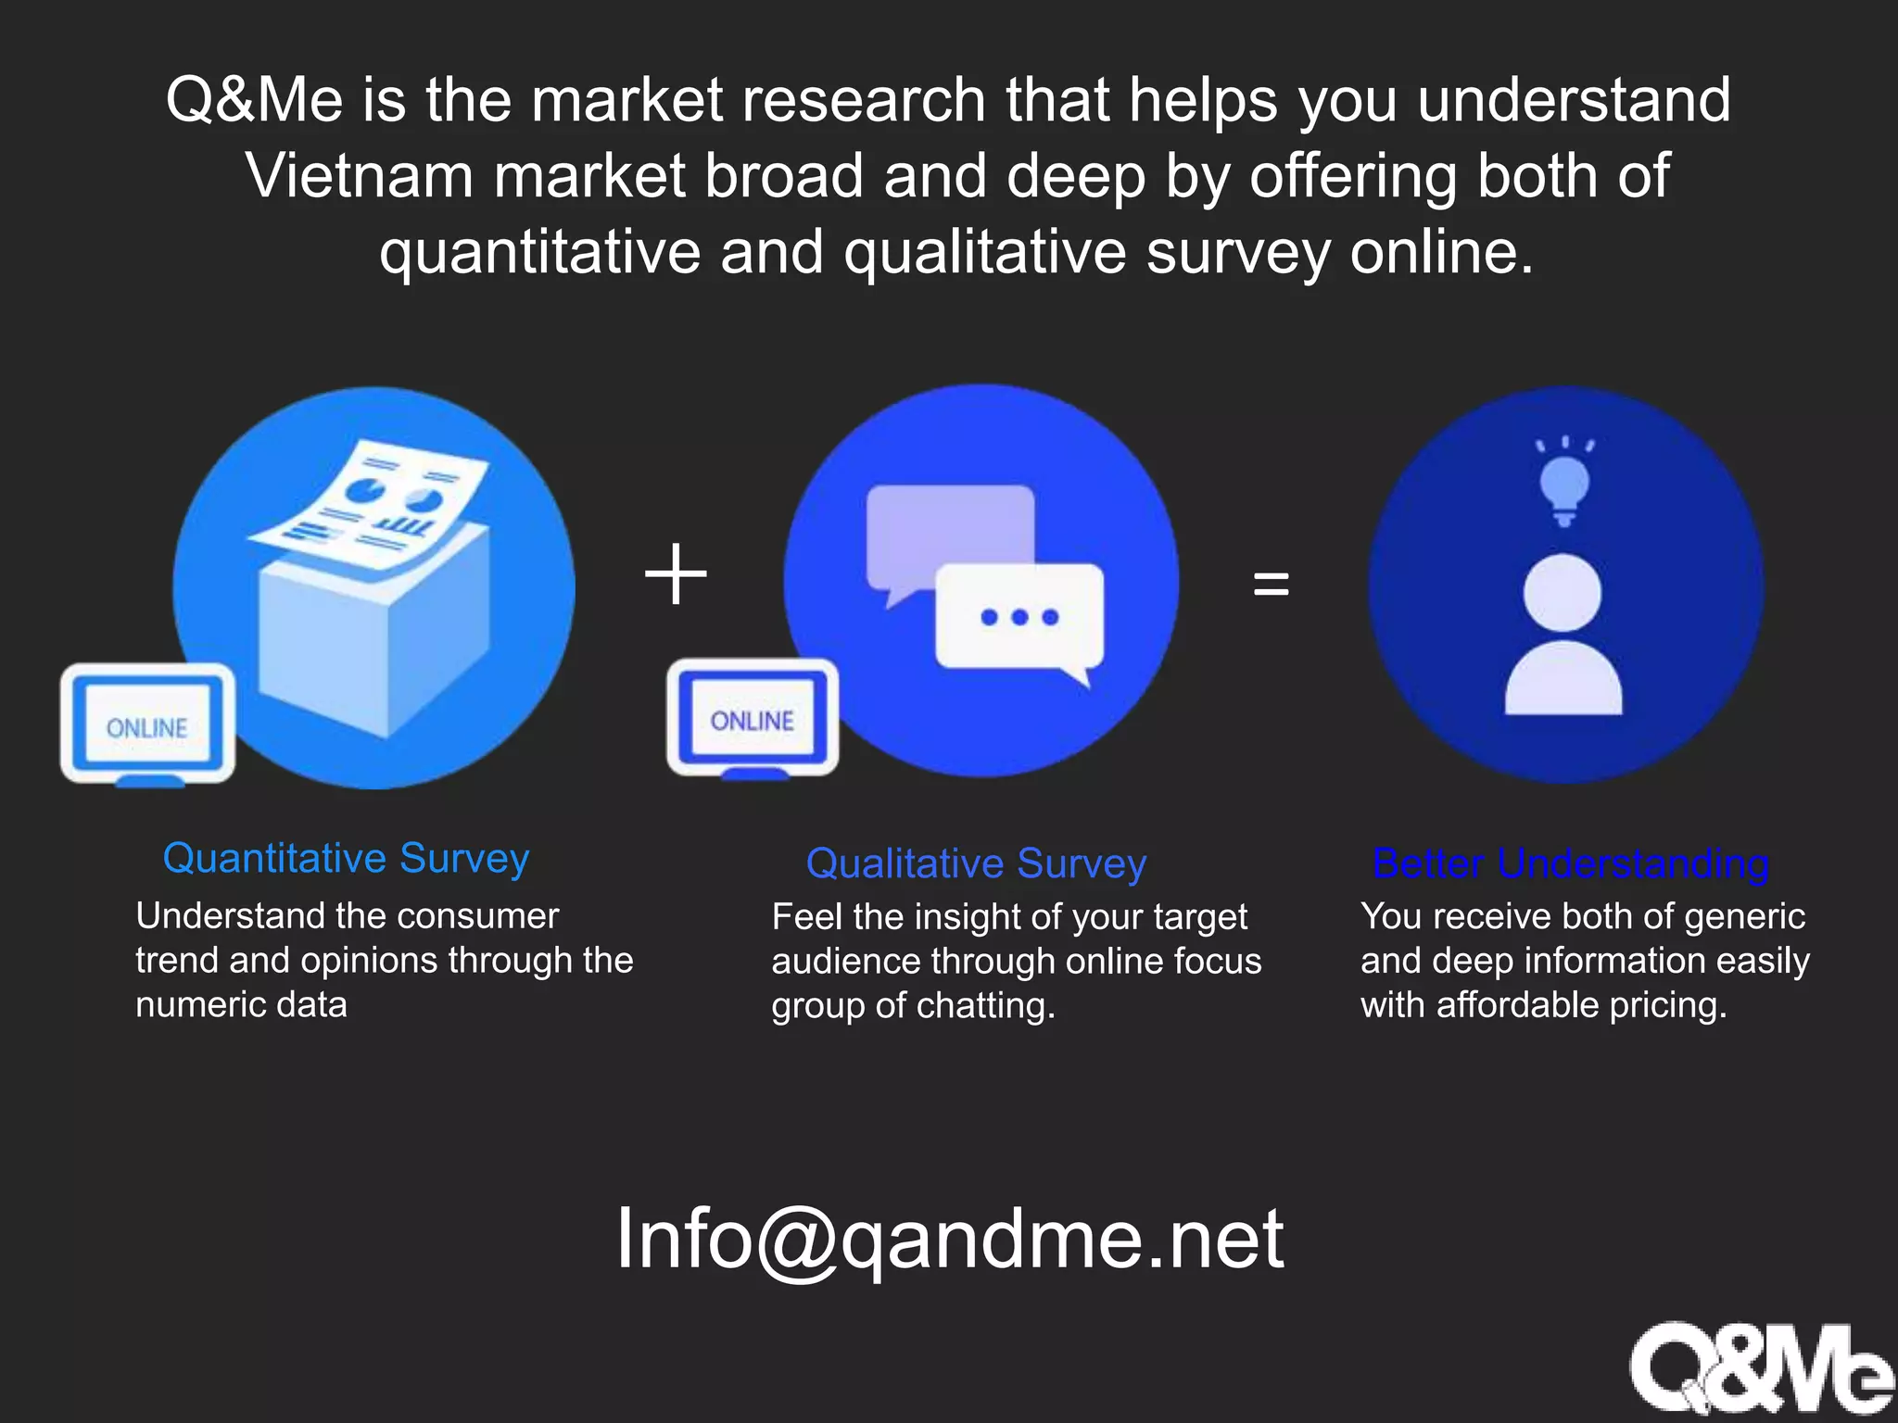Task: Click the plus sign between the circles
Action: [x=676, y=574]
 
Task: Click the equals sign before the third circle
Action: [x=1271, y=584]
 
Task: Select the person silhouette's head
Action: [x=1563, y=593]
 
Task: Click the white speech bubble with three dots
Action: [x=1019, y=617]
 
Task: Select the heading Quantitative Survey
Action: [x=346, y=858]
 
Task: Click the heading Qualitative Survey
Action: [x=976, y=863]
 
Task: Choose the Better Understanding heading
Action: [x=1570, y=863]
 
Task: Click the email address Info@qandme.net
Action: [x=950, y=1239]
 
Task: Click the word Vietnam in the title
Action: [x=360, y=176]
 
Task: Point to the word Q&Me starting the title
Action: [x=254, y=100]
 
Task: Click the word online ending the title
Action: [x=1441, y=252]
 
